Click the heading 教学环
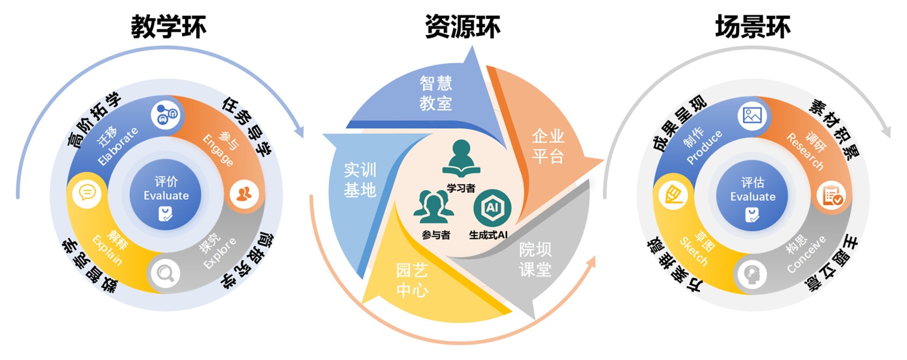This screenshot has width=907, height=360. point(168,27)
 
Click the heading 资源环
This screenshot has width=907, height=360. point(462,27)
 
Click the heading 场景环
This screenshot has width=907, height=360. point(752,27)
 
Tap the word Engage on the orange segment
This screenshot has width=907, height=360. point(218,150)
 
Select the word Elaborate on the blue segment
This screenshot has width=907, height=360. point(118,146)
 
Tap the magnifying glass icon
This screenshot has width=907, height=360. point(165,273)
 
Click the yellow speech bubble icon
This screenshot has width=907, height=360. point(87,193)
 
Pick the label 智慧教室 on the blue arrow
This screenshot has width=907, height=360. point(436,94)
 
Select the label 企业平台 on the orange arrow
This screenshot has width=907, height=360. point(548,146)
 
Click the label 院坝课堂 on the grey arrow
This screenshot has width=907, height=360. point(535,259)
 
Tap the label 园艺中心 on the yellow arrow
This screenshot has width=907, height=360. point(412,280)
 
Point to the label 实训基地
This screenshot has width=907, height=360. point(360,180)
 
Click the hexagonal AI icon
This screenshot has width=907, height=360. point(492,207)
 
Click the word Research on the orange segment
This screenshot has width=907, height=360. point(805,151)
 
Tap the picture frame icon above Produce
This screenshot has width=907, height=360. point(752,116)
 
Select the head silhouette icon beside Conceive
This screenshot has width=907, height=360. point(753,274)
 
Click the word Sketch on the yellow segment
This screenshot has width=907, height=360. point(693,252)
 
